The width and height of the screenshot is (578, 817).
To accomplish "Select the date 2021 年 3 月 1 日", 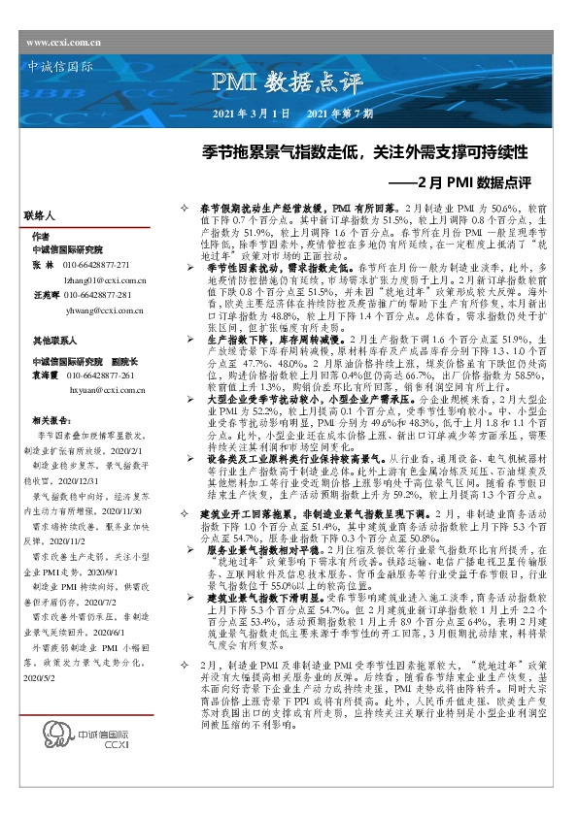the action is tap(251, 114).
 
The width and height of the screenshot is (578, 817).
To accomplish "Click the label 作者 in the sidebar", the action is tap(40, 236).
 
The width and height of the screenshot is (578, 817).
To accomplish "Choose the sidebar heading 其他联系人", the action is tap(53, 342).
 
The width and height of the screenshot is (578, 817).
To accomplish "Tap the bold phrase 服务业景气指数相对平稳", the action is tap(259, 549).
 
